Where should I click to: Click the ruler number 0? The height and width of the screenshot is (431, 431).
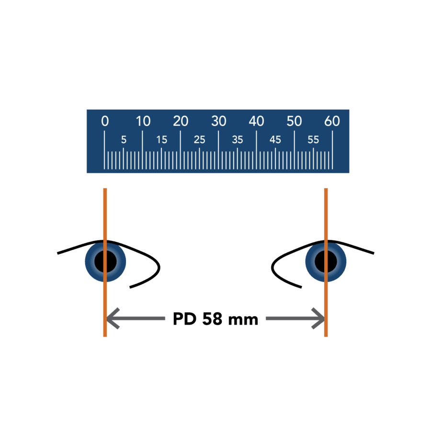tap(105, 122)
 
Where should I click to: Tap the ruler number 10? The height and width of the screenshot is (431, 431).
tap(143, 122)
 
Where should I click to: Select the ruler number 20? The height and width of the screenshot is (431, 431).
tap(181, 122)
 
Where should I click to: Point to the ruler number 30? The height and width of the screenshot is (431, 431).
tap(218, 122)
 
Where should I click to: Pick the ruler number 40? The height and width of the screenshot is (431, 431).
tap(256, 122)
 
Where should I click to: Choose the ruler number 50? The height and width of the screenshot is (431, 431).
tap(294, 122)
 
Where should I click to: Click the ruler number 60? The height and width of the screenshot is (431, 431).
tap(332, 122)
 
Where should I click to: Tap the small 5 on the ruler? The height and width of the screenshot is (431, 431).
tap(124, 140)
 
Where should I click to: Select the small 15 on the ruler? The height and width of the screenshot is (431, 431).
tap(161, 140)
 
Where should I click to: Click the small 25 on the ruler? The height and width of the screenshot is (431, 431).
tap(199, 140)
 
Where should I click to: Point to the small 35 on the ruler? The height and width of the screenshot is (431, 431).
tap(237, 140)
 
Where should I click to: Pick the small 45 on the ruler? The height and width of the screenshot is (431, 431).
tap(275, 140)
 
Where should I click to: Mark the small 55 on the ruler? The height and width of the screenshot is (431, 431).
tap(313, 140)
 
